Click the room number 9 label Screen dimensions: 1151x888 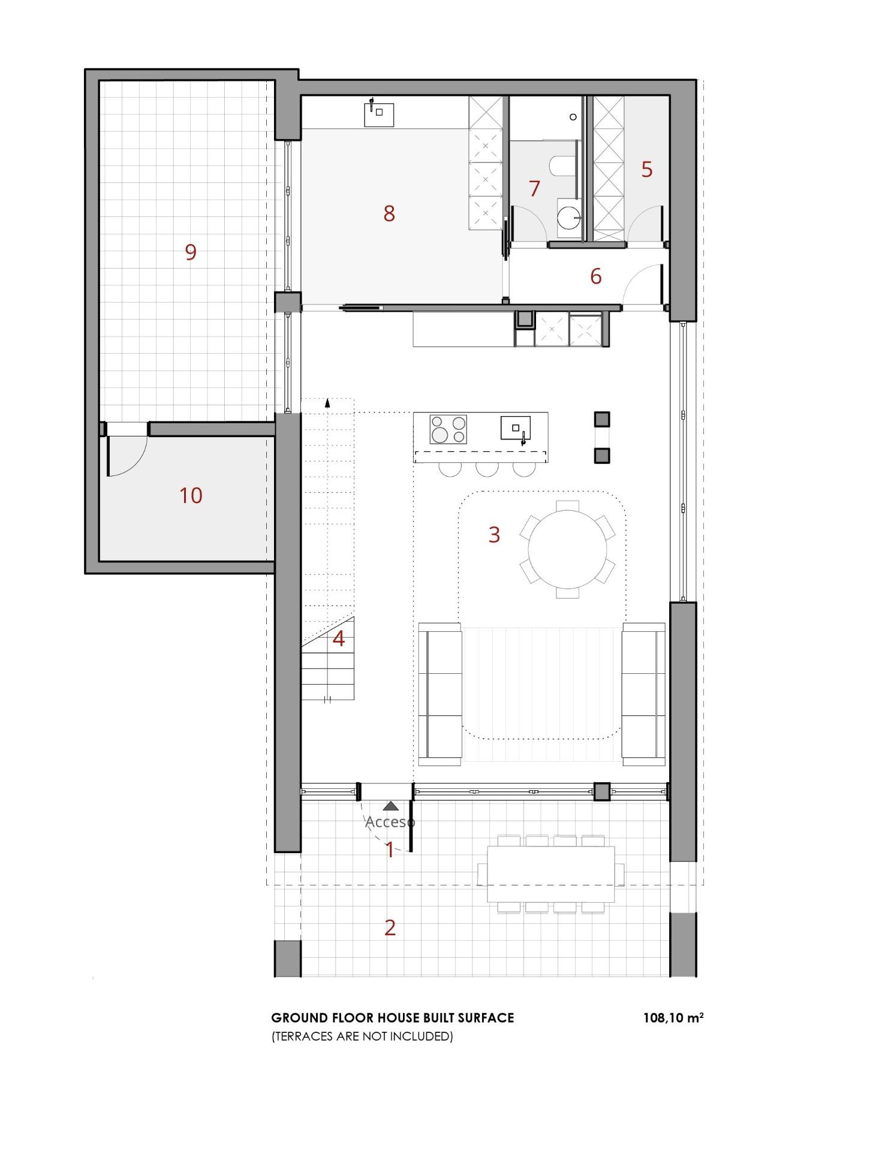[x=191, y=252]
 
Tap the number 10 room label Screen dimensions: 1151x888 [x=191, y=496]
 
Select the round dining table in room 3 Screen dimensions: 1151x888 [x=567, y=549]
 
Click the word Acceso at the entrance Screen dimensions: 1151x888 [x=390, y=822]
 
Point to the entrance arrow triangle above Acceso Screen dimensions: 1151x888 [x=391, y=806]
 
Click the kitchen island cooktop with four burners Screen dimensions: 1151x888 [x=448, y=429]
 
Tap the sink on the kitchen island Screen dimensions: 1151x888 [x=516, y=428]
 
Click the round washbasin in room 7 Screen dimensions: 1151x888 [x=568, y=215]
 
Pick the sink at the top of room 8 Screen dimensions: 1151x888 [x=379, y=114]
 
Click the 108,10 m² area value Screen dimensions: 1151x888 [x=673, y=1018]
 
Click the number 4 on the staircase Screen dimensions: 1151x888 [x=339, y=639]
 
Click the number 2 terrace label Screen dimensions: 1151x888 [x=390, y=928]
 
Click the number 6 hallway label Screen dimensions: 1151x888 [x=595, y=276]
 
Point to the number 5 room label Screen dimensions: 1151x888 [x=646, y=170]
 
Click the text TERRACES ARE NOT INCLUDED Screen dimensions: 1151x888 [x=362, y=1036]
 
